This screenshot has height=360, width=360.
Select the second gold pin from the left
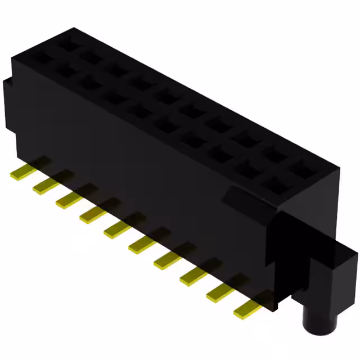point(44,187)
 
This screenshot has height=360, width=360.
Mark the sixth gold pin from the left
point(142,244)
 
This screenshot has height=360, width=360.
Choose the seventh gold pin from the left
point(167,259)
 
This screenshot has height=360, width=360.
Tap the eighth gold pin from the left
point(193,274)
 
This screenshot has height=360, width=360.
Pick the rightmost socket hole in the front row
point(277,183)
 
